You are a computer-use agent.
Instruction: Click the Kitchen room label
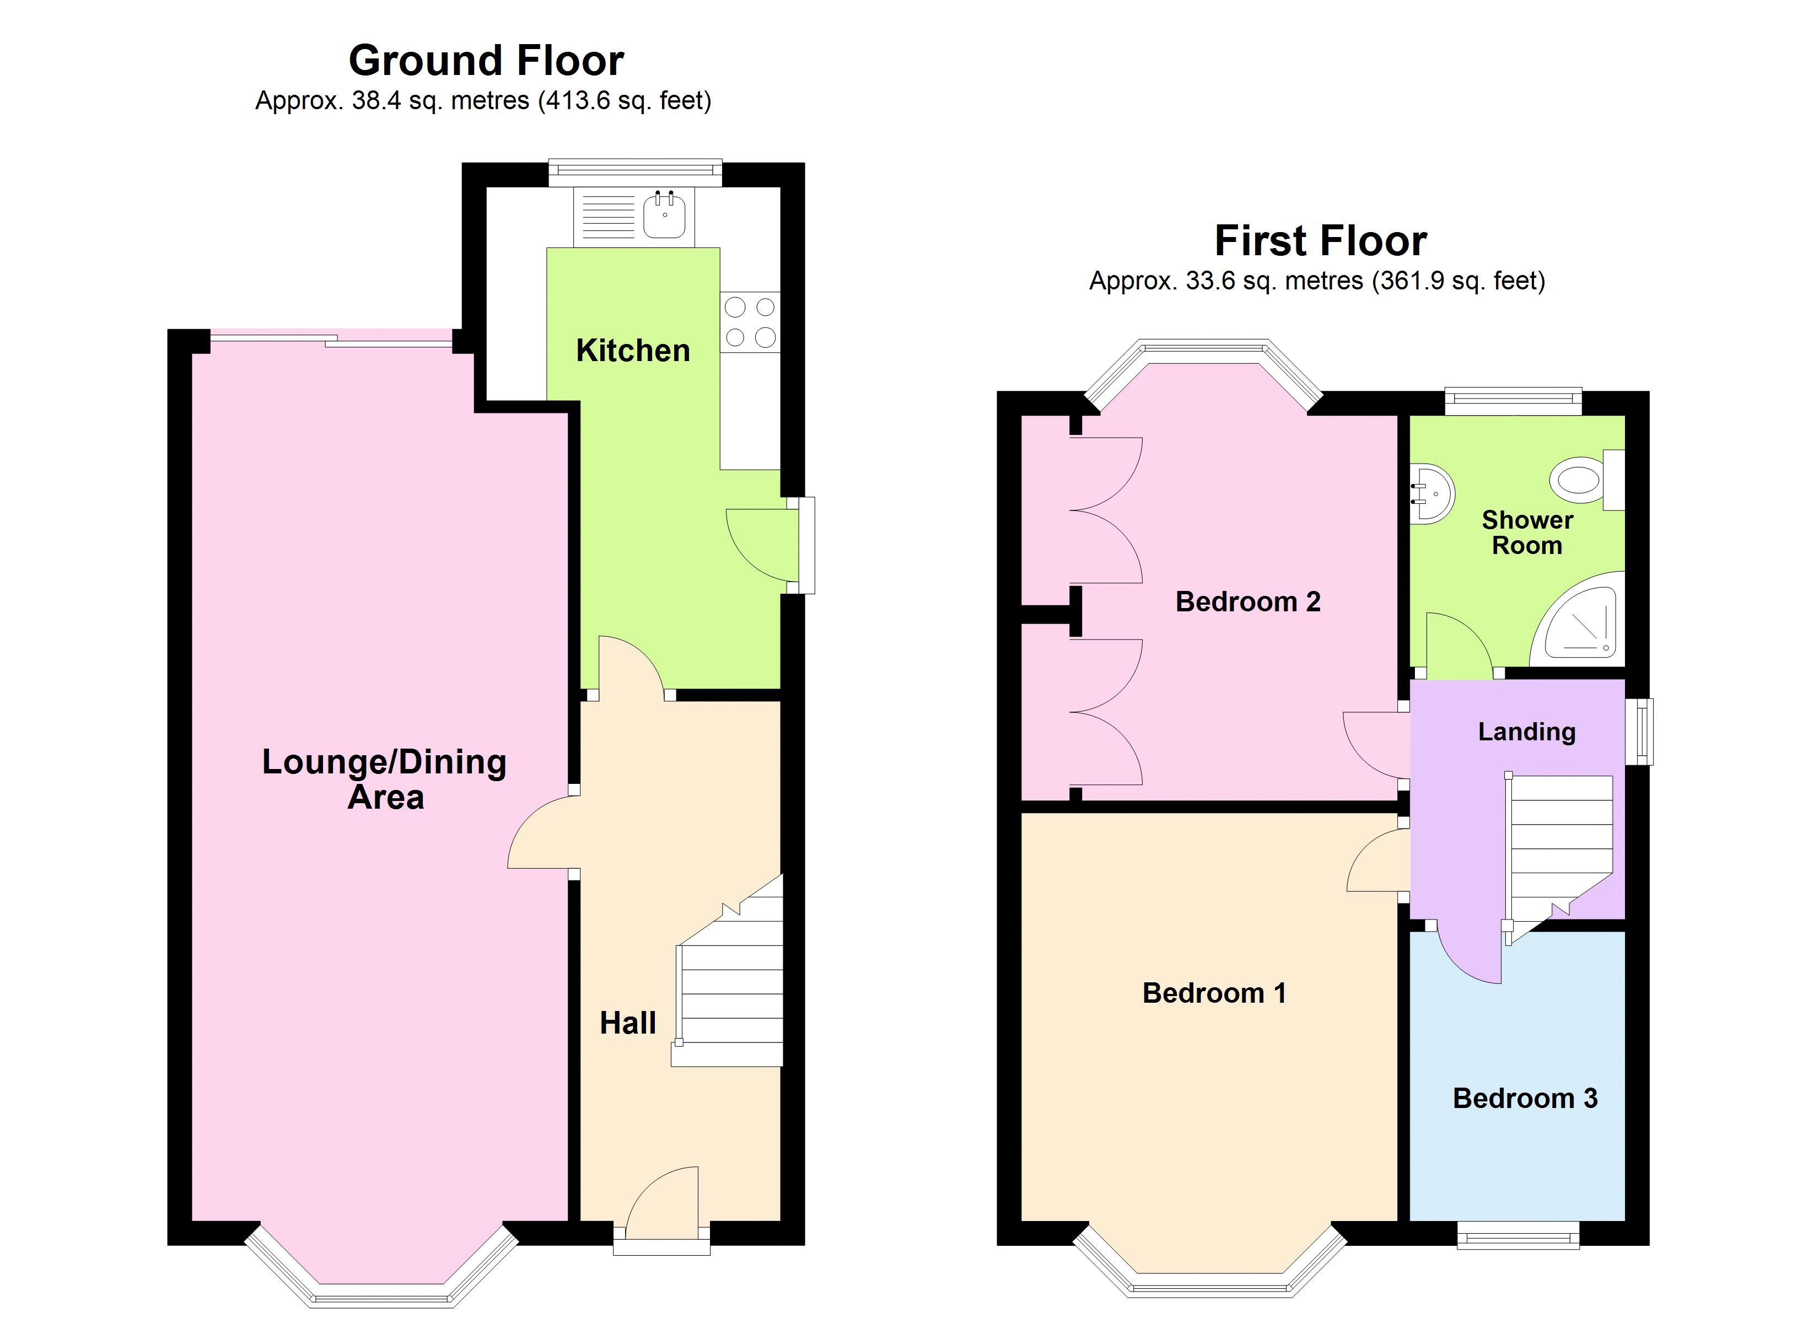633,351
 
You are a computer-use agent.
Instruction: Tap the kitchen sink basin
665,215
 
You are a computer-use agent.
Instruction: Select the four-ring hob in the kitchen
750,322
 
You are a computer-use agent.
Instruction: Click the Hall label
628,1023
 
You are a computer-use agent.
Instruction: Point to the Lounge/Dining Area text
385,779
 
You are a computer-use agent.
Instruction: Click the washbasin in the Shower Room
1433,493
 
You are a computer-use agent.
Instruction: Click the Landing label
1527,732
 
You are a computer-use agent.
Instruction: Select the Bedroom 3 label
1525,1098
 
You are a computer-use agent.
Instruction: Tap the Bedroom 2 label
1248,602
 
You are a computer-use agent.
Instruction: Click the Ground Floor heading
486,60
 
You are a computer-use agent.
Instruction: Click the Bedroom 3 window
1518,1235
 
